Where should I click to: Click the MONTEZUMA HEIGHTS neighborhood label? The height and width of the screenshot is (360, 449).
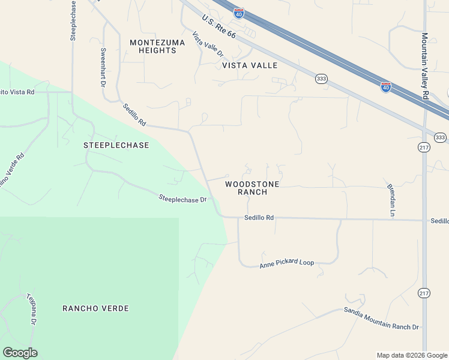(153, 46)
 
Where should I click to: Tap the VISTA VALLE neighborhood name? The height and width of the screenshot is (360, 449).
(250, 65)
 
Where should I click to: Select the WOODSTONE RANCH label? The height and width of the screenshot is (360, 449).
(252, 188)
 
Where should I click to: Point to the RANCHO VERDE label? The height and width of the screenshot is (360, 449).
(95, 308)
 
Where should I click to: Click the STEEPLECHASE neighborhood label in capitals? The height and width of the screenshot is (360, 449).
(116, 145)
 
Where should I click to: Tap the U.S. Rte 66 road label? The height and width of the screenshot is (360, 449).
(219, 27)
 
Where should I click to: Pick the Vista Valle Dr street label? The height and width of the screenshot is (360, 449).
(208, 44)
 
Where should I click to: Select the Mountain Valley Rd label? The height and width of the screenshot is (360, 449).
(424, 67)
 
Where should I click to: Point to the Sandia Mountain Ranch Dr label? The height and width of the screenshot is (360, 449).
(381, 319)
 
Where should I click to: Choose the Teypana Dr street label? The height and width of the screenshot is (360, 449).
(32, 309)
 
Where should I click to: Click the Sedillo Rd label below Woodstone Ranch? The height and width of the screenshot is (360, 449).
(259, 218)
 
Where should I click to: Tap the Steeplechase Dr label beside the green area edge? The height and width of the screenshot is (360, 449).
(182, 198)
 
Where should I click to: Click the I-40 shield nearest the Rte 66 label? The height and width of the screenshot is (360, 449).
(239, 13)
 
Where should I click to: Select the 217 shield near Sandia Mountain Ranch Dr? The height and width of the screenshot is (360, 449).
(424, 293)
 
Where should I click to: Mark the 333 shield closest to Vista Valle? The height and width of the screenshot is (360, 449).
(321, 78)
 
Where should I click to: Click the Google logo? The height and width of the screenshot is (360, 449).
(20, 353)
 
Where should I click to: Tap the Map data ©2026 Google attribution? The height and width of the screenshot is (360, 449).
(412, 355)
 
